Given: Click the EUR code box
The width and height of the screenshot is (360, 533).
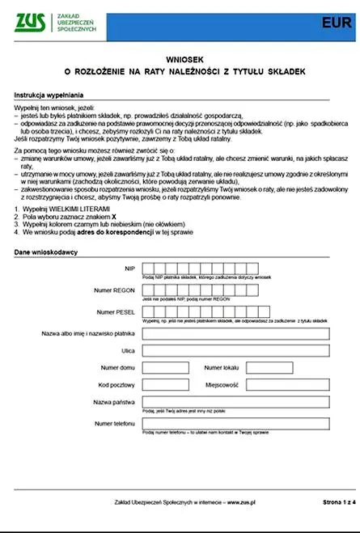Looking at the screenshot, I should pyautogui.click(x=333, y=23).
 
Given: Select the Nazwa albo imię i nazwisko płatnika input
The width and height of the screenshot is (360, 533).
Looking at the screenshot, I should pyautogui.click(x=235, y=334).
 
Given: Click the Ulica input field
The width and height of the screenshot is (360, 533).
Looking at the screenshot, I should pyautogui.click(x=235, y=351).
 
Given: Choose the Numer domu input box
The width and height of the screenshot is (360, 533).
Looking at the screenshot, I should pyautogui.click(x=165, y=368).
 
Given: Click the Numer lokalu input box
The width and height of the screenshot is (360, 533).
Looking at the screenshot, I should pyautogui.click(x=269, y=368).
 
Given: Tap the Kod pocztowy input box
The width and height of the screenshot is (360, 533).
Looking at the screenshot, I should pyautogui.click(x=165, y=385).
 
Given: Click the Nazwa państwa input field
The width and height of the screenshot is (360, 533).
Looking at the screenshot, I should pyautogui.click(x=235, y=402).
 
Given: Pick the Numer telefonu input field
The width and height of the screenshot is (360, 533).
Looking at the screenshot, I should pyautogui.click(x=235, y=424).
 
